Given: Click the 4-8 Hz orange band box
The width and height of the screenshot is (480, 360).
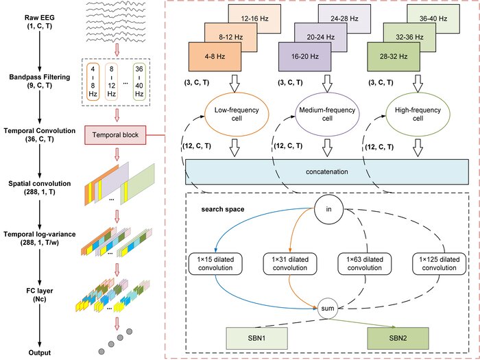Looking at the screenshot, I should click(x=214, y=54).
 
